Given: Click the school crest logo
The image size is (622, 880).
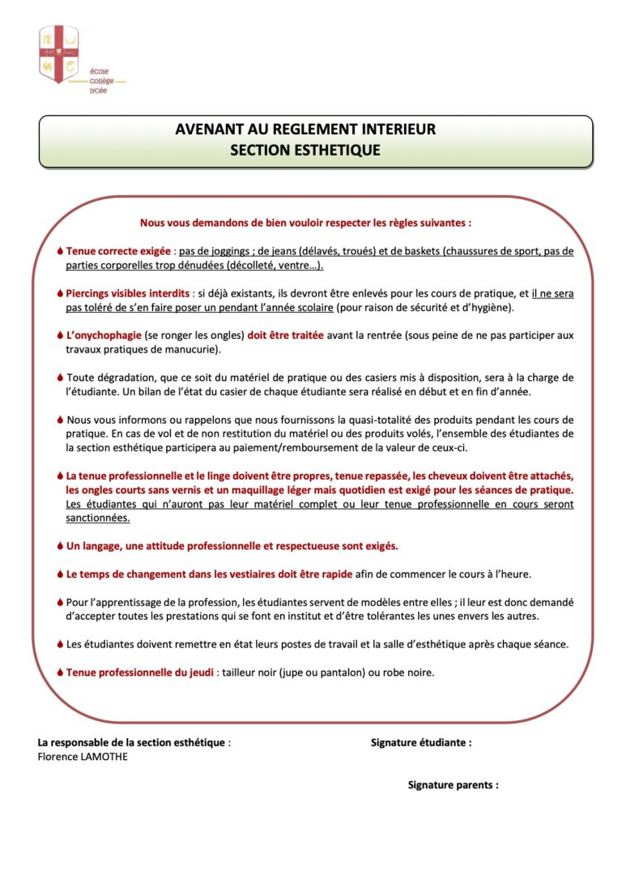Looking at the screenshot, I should (x=59, y=53).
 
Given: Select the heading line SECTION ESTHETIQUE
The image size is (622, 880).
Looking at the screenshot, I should (x=305, y=150).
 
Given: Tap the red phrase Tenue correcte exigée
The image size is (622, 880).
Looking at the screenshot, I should (x=118, y=251).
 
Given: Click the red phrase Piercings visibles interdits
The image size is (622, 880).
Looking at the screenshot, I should (x=128, y=293).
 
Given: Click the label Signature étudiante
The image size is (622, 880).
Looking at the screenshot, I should (x=420, y=742).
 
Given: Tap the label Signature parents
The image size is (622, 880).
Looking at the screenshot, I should (x=453, y=785).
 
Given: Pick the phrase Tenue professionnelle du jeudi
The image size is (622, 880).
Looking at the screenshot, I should (x=140, y=672).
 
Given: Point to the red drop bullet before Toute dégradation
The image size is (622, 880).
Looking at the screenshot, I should (x=60, y=378).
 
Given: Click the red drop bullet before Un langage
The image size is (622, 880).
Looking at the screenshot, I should (x=60, y=546).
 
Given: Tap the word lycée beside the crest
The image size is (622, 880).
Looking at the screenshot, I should (x=98, y=90).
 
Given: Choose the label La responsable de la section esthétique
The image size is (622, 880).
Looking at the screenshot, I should (x=133, y=742).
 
